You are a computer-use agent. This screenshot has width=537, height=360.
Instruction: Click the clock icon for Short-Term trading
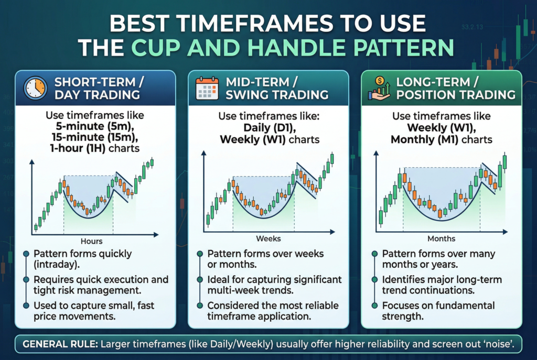coord(35,88)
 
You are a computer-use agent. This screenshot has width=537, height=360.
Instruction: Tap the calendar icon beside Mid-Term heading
coord(207,88)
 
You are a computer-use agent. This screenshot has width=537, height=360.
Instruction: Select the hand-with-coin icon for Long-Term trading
coord(379,88)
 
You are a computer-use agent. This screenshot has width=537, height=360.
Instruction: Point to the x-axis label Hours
coord(91,241)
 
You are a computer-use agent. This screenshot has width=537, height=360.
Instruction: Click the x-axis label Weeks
coord(268,238)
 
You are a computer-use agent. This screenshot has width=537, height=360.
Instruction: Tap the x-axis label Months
coord(441,238)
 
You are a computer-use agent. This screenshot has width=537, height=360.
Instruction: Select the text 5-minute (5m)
coord(94,126)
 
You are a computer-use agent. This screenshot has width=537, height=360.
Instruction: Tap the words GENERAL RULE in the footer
coord(60,344)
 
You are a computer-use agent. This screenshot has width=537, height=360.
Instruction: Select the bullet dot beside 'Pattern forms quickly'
coord(26,254)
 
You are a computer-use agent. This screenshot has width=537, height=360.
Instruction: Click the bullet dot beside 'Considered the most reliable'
coord(200,306)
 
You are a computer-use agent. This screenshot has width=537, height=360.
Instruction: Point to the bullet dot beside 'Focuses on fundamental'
coord(374,306)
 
